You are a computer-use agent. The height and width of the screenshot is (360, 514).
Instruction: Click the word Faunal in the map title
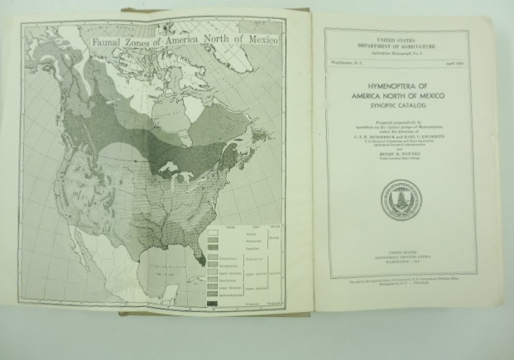click(x=108, y=38)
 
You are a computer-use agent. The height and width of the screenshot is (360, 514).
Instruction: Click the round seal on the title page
click(x=401, y=199)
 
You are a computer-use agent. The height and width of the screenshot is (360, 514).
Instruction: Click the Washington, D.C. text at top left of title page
click(x=343, y=63)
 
